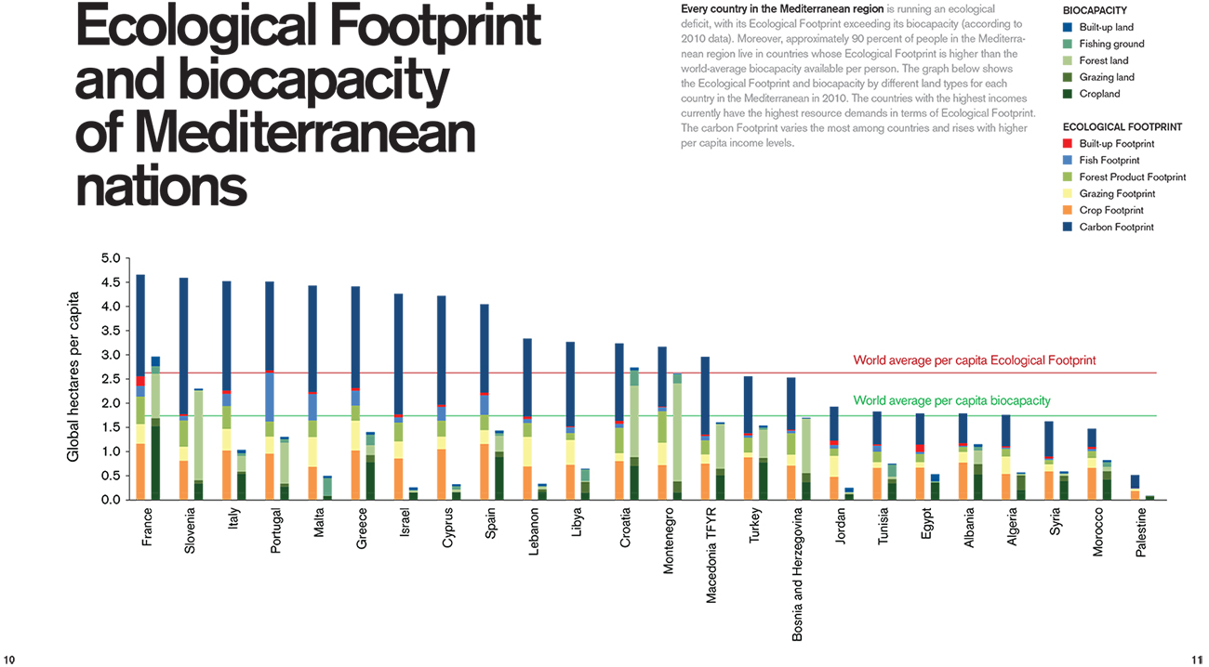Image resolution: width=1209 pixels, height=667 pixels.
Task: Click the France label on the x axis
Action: [147, 526]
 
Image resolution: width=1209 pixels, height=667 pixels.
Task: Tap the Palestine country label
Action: [1141, 532]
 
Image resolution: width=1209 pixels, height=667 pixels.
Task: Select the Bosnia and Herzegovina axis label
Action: [798, 573]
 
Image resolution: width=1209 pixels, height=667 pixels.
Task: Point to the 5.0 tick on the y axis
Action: [110, 258]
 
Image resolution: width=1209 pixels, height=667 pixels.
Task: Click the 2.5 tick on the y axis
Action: [110, 379]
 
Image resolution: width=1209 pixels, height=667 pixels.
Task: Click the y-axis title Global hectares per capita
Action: [73, 378]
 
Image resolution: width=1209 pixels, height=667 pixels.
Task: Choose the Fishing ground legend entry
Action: [1111, 45]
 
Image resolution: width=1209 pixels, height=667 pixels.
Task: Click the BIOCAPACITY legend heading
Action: [1095, 10]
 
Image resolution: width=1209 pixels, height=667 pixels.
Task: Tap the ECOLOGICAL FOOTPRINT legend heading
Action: [1122, 127]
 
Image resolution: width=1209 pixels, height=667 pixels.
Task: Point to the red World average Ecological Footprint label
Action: [975, 360]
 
